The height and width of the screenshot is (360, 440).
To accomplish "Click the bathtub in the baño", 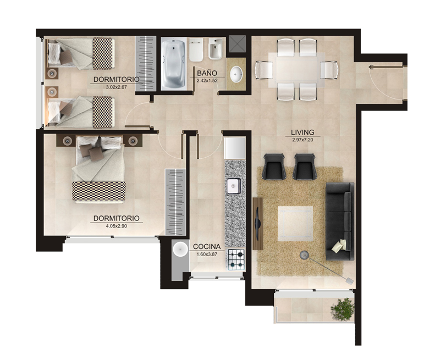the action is click(174, 64).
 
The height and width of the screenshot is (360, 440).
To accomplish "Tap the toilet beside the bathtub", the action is click(196, 50).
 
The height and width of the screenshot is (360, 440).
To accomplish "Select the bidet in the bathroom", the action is click(215, 49).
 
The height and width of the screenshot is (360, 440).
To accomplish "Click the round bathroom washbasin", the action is click(237, 74).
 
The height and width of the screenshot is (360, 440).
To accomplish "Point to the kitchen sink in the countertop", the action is click(234, 186).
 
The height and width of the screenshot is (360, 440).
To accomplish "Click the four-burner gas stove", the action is click(235, 259).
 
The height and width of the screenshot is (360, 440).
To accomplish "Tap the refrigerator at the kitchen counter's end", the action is click(235, 148).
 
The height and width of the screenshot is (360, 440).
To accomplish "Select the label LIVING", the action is click(302, 132).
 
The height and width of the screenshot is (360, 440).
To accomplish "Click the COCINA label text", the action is click(207, 247).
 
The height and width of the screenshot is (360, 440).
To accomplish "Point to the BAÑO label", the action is click(207, 73).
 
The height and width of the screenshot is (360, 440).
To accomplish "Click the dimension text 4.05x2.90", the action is click(117, 226).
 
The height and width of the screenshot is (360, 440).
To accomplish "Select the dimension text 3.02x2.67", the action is click(117, 87).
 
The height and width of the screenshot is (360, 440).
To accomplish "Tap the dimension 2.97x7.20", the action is click(302, 140).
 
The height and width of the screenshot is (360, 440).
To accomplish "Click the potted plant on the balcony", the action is click(343, 309).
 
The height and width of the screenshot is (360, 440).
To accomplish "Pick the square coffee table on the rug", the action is click(295, 224).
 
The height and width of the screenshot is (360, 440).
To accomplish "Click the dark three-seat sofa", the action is click(339, 221).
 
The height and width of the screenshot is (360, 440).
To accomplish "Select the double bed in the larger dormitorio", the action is click(98, 169).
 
